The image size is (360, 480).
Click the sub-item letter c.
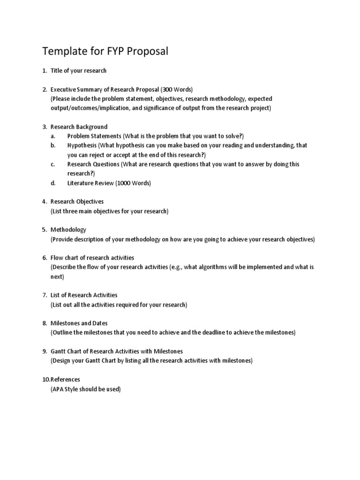point(53,165)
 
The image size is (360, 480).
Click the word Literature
point(82,183)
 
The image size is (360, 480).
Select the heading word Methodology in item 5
point(68,230)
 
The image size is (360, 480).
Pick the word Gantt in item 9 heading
point(59,351)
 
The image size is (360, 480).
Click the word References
point(65,379)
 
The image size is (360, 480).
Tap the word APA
point(59,389)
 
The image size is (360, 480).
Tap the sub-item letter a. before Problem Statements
point(53,136)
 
